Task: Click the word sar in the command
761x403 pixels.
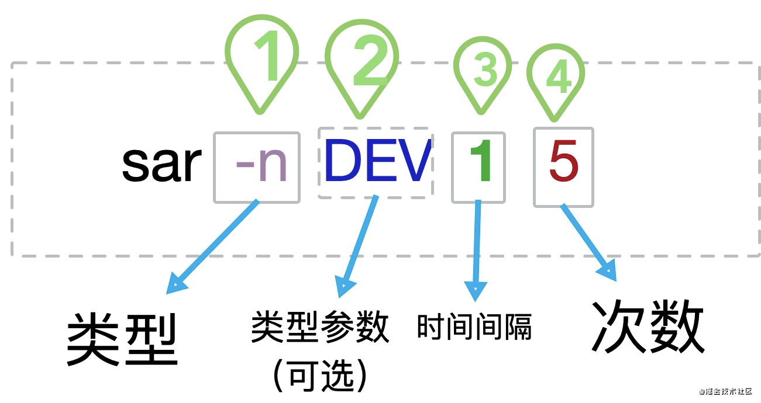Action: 160,165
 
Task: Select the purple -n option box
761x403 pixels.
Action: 257,168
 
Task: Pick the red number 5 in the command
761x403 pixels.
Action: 563,166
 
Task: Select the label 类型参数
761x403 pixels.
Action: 321,326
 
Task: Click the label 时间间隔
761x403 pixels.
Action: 474,326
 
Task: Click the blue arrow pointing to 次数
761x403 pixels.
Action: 588,240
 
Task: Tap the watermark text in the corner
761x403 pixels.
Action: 722,392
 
